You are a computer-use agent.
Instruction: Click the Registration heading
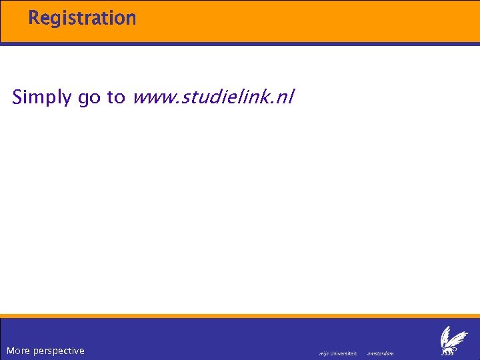[82, 18]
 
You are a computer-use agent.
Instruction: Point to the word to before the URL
[116, 97]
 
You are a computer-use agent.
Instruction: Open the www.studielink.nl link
[213, 98]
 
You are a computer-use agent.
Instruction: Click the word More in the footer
[18, 351]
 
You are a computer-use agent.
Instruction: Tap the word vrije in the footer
[324, 353]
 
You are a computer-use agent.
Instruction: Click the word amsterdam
[381, 353]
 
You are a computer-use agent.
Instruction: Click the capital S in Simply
[18, 97]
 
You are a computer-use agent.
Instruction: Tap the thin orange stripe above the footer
[240, 316]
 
